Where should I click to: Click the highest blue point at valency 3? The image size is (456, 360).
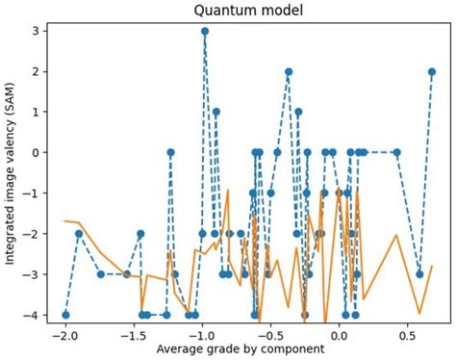205,31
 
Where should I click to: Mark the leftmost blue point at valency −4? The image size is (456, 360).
65,315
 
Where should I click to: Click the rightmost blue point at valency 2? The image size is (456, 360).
432,71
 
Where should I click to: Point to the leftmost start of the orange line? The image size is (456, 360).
65,220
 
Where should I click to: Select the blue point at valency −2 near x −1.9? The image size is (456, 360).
79,233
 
